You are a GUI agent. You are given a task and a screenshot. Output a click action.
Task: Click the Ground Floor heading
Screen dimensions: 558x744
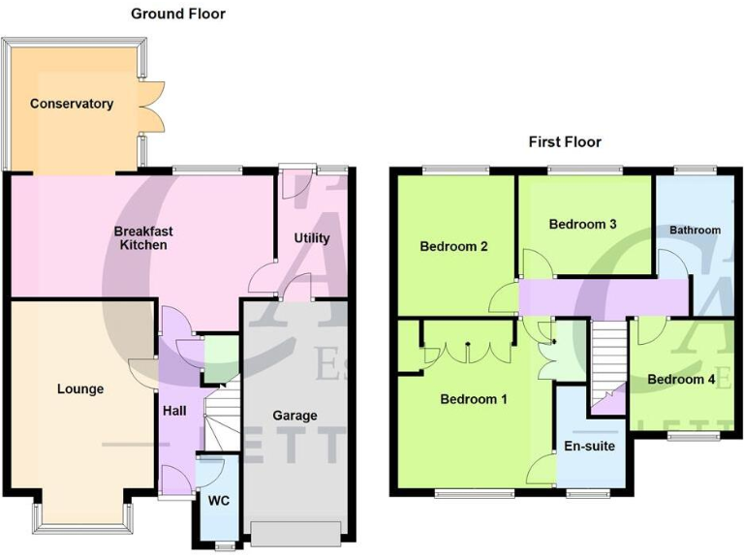point(177,14)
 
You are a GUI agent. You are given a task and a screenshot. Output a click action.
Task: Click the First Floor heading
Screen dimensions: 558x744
point(565,141)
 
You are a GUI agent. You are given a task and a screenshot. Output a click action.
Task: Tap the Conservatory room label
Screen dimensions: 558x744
point(71,104)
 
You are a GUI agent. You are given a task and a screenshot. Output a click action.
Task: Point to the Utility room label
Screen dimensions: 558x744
point(312,237)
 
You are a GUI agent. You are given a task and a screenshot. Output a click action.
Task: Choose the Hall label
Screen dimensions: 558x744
point(174,411)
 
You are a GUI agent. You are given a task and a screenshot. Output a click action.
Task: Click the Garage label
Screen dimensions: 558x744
point(294,416)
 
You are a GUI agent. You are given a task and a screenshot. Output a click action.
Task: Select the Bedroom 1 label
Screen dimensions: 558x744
point(474,398)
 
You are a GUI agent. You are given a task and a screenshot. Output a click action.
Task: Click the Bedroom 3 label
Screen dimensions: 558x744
point(582,224)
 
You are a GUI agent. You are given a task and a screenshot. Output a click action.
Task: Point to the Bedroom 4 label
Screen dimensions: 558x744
point(681,379)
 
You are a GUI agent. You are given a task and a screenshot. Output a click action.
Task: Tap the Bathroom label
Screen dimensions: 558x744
point(695,230)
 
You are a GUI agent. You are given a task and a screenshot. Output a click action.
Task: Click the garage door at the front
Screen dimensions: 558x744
point(294,533)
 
